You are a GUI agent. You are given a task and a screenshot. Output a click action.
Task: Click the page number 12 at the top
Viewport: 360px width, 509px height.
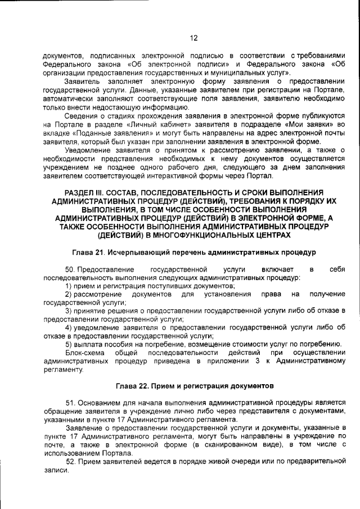193,38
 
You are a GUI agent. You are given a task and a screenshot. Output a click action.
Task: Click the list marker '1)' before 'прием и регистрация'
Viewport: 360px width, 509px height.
69,286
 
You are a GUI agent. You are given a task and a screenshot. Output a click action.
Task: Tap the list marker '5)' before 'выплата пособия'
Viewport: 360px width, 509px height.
69,344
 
